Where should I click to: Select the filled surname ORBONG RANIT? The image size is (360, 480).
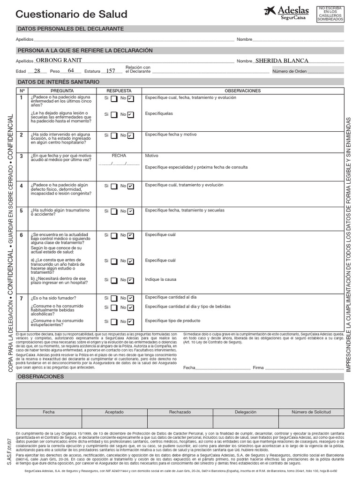click(59, 60)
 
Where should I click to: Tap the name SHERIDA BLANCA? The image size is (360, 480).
click(282, 60)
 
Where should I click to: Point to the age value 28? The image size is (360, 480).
click(37, 71)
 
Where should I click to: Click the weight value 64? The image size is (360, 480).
click(71, 70)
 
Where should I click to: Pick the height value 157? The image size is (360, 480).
click(111, 71)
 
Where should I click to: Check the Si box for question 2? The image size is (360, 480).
click(114, 135)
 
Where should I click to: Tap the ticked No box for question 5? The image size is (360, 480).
click(130, 211)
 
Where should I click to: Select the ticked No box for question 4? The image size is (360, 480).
click(130, 186)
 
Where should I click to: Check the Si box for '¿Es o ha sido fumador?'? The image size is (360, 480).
click(114, 298)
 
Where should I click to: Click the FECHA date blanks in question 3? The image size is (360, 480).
click(119, 164)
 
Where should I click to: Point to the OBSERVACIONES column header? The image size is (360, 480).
click(242, 90)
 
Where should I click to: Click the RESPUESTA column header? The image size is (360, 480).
click(119, 90)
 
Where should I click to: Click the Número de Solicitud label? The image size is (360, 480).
click(311, 412)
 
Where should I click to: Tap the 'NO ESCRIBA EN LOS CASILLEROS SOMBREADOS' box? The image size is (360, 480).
click(330, 14)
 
